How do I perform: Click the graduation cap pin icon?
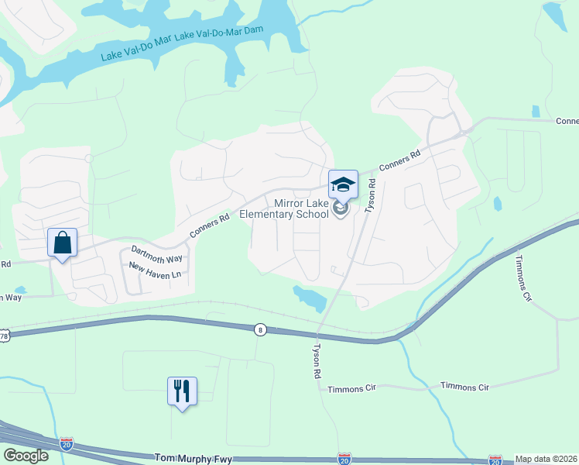pyautogui.click(x=343, y=184)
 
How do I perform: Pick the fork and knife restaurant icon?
pyautogui.click(x=182, y=390)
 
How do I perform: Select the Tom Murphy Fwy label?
pyautogui.click(x=193, y=459)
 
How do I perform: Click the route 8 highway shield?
pyautogui.click(x=262, y=329)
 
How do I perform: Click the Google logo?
pyautogui.click(x=25, y=455)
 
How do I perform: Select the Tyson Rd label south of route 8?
pyautogui.click(x=317, y=360)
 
